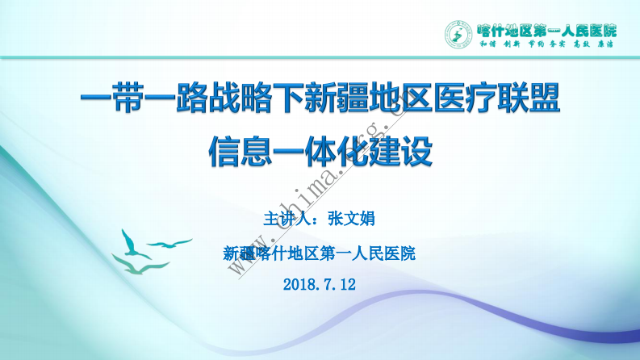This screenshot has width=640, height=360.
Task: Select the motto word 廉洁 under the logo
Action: point(605,46)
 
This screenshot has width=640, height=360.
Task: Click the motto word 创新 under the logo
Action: point(510,46)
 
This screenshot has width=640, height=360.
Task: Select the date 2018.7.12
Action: point(320,284)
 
